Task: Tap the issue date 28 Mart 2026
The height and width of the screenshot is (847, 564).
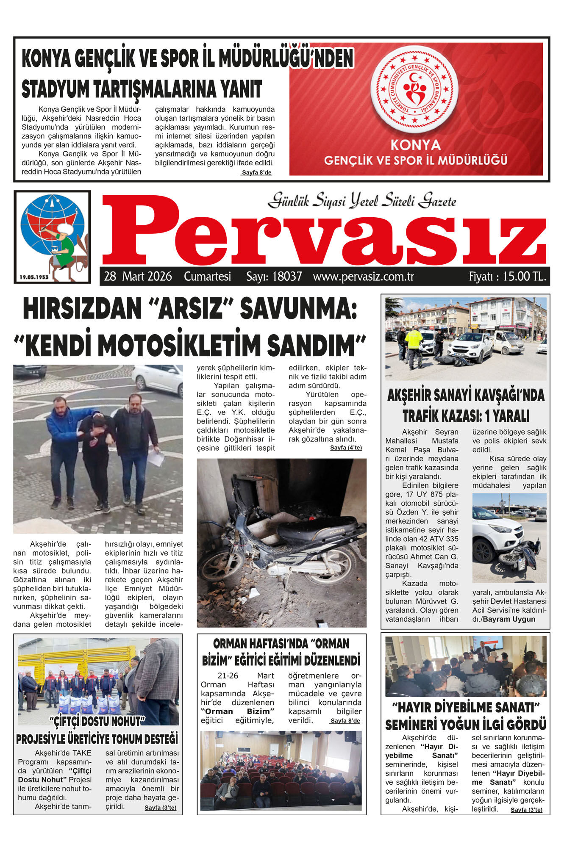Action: pyautogui.click(x=138, y=277)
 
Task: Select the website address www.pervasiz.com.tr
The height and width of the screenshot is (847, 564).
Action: pyautogui.click(x=363, y=277)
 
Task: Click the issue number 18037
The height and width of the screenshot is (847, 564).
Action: pyautogui.click(x=287, y=277)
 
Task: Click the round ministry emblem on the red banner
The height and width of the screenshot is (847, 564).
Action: pyautogui.click(x=414, y=88)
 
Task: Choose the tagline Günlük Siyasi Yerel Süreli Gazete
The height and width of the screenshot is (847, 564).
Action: pyautogui.click(x=361, y=201)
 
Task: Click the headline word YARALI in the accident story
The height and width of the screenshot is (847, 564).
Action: pyautogui.click(x=510, y=416)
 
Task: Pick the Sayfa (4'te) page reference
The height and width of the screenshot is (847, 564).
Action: pyautogui.click(x=346, y=448)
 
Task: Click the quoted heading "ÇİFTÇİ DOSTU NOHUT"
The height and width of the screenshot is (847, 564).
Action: pyautogui.click(x=97, y=721)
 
